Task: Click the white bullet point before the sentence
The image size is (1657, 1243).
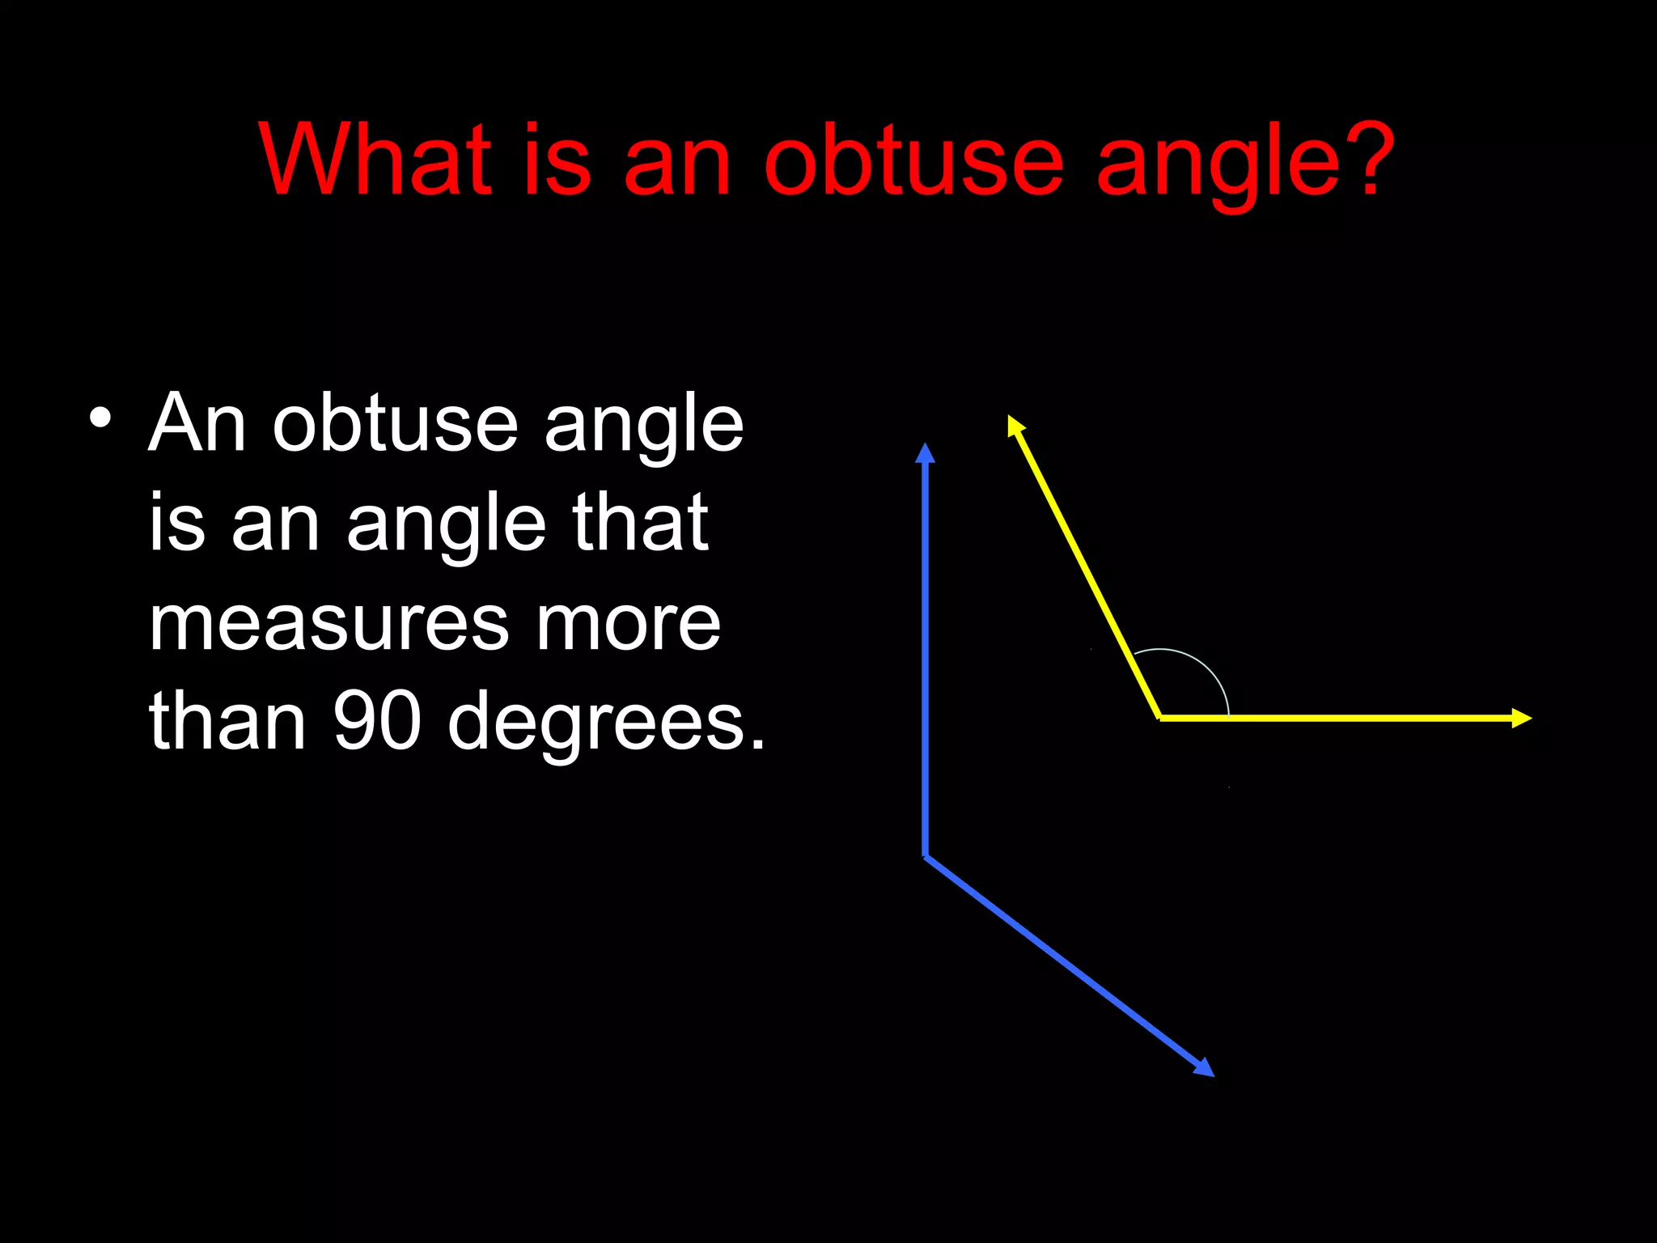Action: (100, 419)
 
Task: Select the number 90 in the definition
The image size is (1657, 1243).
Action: (377, 720)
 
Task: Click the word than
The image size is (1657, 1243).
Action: (227, 720)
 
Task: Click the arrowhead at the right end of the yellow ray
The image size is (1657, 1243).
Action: (1522, 718)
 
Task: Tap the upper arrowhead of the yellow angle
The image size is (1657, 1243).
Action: (1015, 425)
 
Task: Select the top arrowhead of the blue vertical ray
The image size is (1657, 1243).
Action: (925, 453)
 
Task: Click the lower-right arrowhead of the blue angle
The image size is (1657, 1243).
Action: (1205, 1068)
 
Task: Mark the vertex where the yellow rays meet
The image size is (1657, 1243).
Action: (1160, 717)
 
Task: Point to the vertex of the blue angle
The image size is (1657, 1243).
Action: (926, 856)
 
